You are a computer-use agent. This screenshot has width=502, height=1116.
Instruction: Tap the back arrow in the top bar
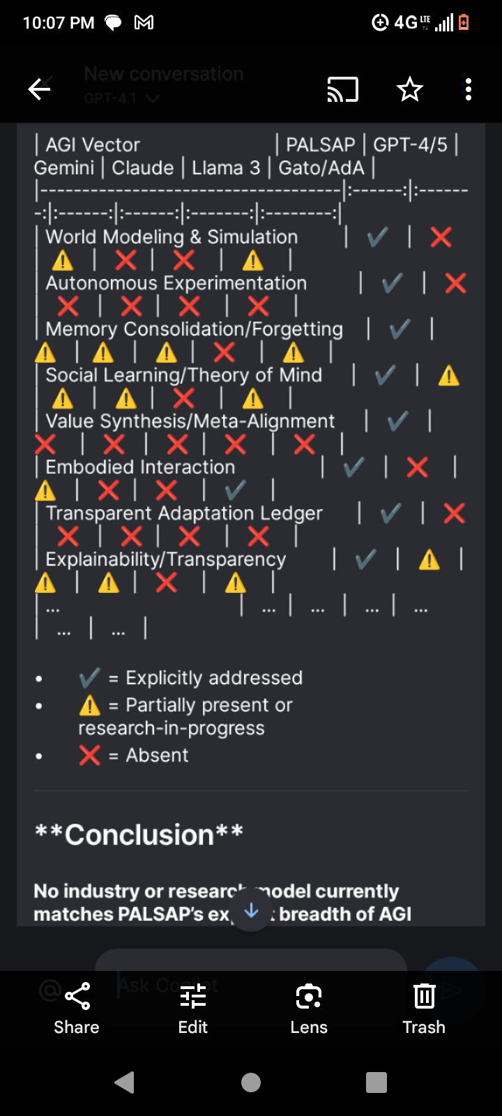(39, 89)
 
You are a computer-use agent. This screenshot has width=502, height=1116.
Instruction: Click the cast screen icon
(342, 89)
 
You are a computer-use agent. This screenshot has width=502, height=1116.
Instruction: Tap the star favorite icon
(409, 89)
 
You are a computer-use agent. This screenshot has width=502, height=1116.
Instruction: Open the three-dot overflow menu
(468, 89)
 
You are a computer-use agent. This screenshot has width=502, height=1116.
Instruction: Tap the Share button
(77, 1007)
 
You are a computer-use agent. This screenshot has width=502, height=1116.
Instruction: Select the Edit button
(193, 1007)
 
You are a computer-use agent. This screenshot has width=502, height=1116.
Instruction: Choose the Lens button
(309, 1007)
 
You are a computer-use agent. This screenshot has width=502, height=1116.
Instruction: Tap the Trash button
(424, 1007)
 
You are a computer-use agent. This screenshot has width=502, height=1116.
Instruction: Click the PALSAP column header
(321, 145)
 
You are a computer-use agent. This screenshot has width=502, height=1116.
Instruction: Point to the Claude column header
(143, 168)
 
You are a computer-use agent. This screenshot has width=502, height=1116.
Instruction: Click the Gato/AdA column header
(321, 168)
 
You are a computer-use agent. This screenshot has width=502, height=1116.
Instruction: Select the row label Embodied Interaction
(140, 467)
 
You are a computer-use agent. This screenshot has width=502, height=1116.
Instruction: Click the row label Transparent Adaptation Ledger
(184, 513)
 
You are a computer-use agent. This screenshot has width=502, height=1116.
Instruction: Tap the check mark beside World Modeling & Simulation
(377, 237)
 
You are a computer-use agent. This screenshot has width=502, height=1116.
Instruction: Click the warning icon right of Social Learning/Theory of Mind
(448, 376)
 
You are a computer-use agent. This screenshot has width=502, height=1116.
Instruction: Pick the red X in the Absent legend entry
(90, 755)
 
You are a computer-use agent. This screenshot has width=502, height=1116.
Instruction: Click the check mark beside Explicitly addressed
(90, 677)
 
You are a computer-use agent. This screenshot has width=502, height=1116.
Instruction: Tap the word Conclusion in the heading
(139, 835)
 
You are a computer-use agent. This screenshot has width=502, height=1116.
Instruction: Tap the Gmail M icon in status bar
(144, 23)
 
